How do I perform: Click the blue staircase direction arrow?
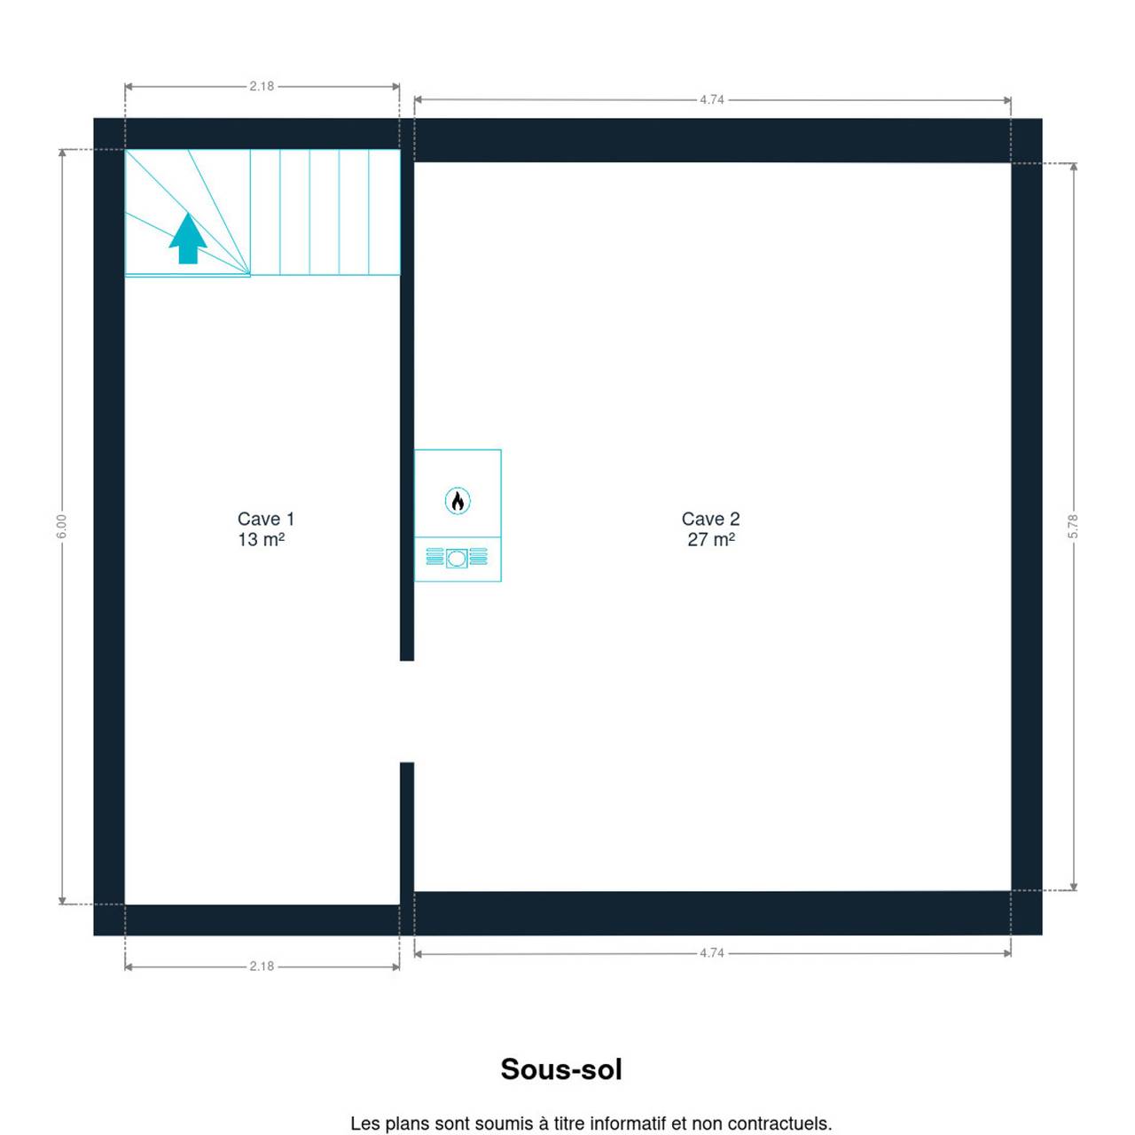point(188,238)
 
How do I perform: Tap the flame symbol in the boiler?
point(458,501)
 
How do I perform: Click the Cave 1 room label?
point(266,519)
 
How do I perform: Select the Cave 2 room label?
point(711,519)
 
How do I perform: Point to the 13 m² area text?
point(262,539)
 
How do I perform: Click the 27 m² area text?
point(711,539)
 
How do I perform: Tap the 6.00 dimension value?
point(62,527)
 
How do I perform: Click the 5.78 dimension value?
point(1073,527)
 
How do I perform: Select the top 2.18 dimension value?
point(262,87)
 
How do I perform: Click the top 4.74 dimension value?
point(712,100)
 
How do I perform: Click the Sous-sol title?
point(561,1069)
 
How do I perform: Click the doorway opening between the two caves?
point(407,711)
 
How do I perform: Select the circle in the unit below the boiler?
point(457,559)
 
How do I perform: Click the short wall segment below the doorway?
point(407,834)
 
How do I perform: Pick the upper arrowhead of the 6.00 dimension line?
point(62,153)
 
